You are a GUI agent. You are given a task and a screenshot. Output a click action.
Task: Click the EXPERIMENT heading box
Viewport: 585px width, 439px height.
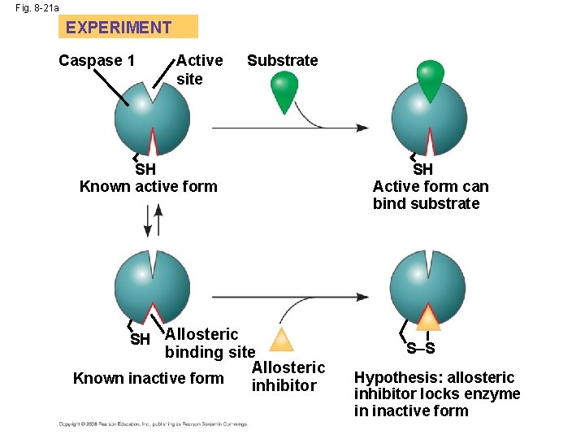[x=128, y=27]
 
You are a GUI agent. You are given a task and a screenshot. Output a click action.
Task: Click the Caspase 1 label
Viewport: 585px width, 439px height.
[x=97, y=60]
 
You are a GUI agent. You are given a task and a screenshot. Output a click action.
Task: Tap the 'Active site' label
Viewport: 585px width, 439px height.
[x=198, y=69]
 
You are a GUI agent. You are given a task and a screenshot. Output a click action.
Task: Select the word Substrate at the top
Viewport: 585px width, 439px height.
[x=282, y=60]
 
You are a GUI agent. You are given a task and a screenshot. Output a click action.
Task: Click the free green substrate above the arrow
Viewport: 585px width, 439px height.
[x=284, y=90]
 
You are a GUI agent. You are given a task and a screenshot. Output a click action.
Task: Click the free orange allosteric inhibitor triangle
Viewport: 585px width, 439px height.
[x=280, y=339]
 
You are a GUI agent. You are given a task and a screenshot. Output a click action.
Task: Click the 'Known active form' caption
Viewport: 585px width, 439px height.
[x=148, y=186]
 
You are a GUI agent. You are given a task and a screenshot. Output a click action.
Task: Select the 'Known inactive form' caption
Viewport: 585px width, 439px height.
[x=148, y=378]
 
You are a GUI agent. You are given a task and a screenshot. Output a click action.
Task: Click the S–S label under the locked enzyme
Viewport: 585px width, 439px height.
[x=420, y=350]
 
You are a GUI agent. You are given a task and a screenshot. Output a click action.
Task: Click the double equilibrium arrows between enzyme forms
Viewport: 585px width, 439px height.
[x=152, y=220]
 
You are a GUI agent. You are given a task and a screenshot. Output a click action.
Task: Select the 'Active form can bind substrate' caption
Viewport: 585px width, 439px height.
[x=431, y=194]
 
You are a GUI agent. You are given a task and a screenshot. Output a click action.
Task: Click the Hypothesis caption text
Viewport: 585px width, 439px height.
[x=436, y=393]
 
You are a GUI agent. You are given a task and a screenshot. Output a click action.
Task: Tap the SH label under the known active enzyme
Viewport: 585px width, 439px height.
[x=145, y=169]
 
